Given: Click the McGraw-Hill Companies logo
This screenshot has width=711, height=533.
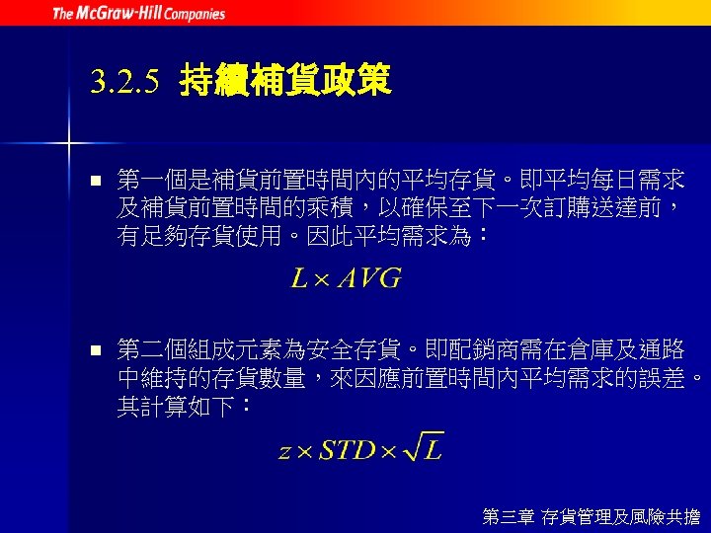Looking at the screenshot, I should [x=138, y=14].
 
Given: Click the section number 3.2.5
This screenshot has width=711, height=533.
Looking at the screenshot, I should [x=123, y=82].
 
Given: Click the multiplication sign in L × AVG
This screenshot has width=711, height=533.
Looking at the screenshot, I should [x=323, y=280].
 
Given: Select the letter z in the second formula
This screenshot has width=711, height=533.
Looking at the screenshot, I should [x=284, y=452].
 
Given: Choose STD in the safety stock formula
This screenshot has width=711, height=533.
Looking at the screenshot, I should [x=347, y=450].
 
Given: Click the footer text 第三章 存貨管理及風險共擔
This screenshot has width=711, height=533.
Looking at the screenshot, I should [x=591, y=515].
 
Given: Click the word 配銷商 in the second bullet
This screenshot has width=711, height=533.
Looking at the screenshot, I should [x=473, y=349].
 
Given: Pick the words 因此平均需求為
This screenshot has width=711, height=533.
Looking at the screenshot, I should [x=388, y=237].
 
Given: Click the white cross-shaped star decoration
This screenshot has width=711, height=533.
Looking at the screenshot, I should [x=69, y=144].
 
